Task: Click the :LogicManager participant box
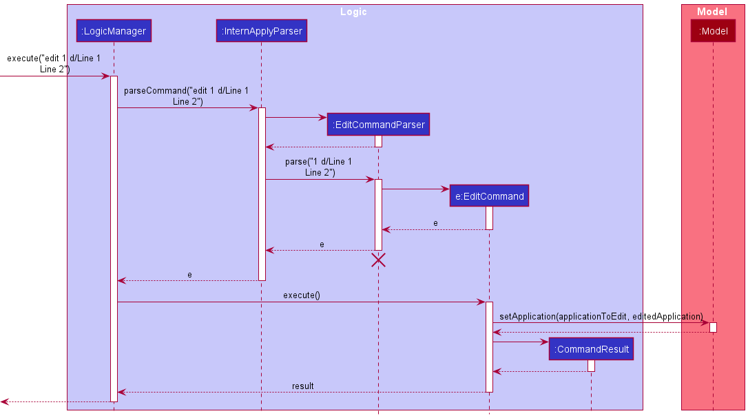click(114, 31)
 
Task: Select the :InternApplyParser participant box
click(261, 31)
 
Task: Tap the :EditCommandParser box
click(378, 125)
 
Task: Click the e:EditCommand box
click(489, 196)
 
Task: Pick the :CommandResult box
click(591, 349)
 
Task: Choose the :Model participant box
click(713, 31)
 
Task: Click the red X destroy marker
click(378, 260)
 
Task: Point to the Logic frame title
click(353, 12)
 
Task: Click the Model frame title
click(712, 12)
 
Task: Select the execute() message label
click(301, 295)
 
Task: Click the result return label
click(302, 386)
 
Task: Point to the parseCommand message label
click(187, 96)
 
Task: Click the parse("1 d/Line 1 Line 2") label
click(319, 167)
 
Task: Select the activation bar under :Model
click(713, 327)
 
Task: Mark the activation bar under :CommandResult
click(591, 366)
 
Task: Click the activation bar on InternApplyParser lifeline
click(262, 194)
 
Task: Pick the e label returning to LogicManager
click(190, 275)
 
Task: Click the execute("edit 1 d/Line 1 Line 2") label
click(54, 63)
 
